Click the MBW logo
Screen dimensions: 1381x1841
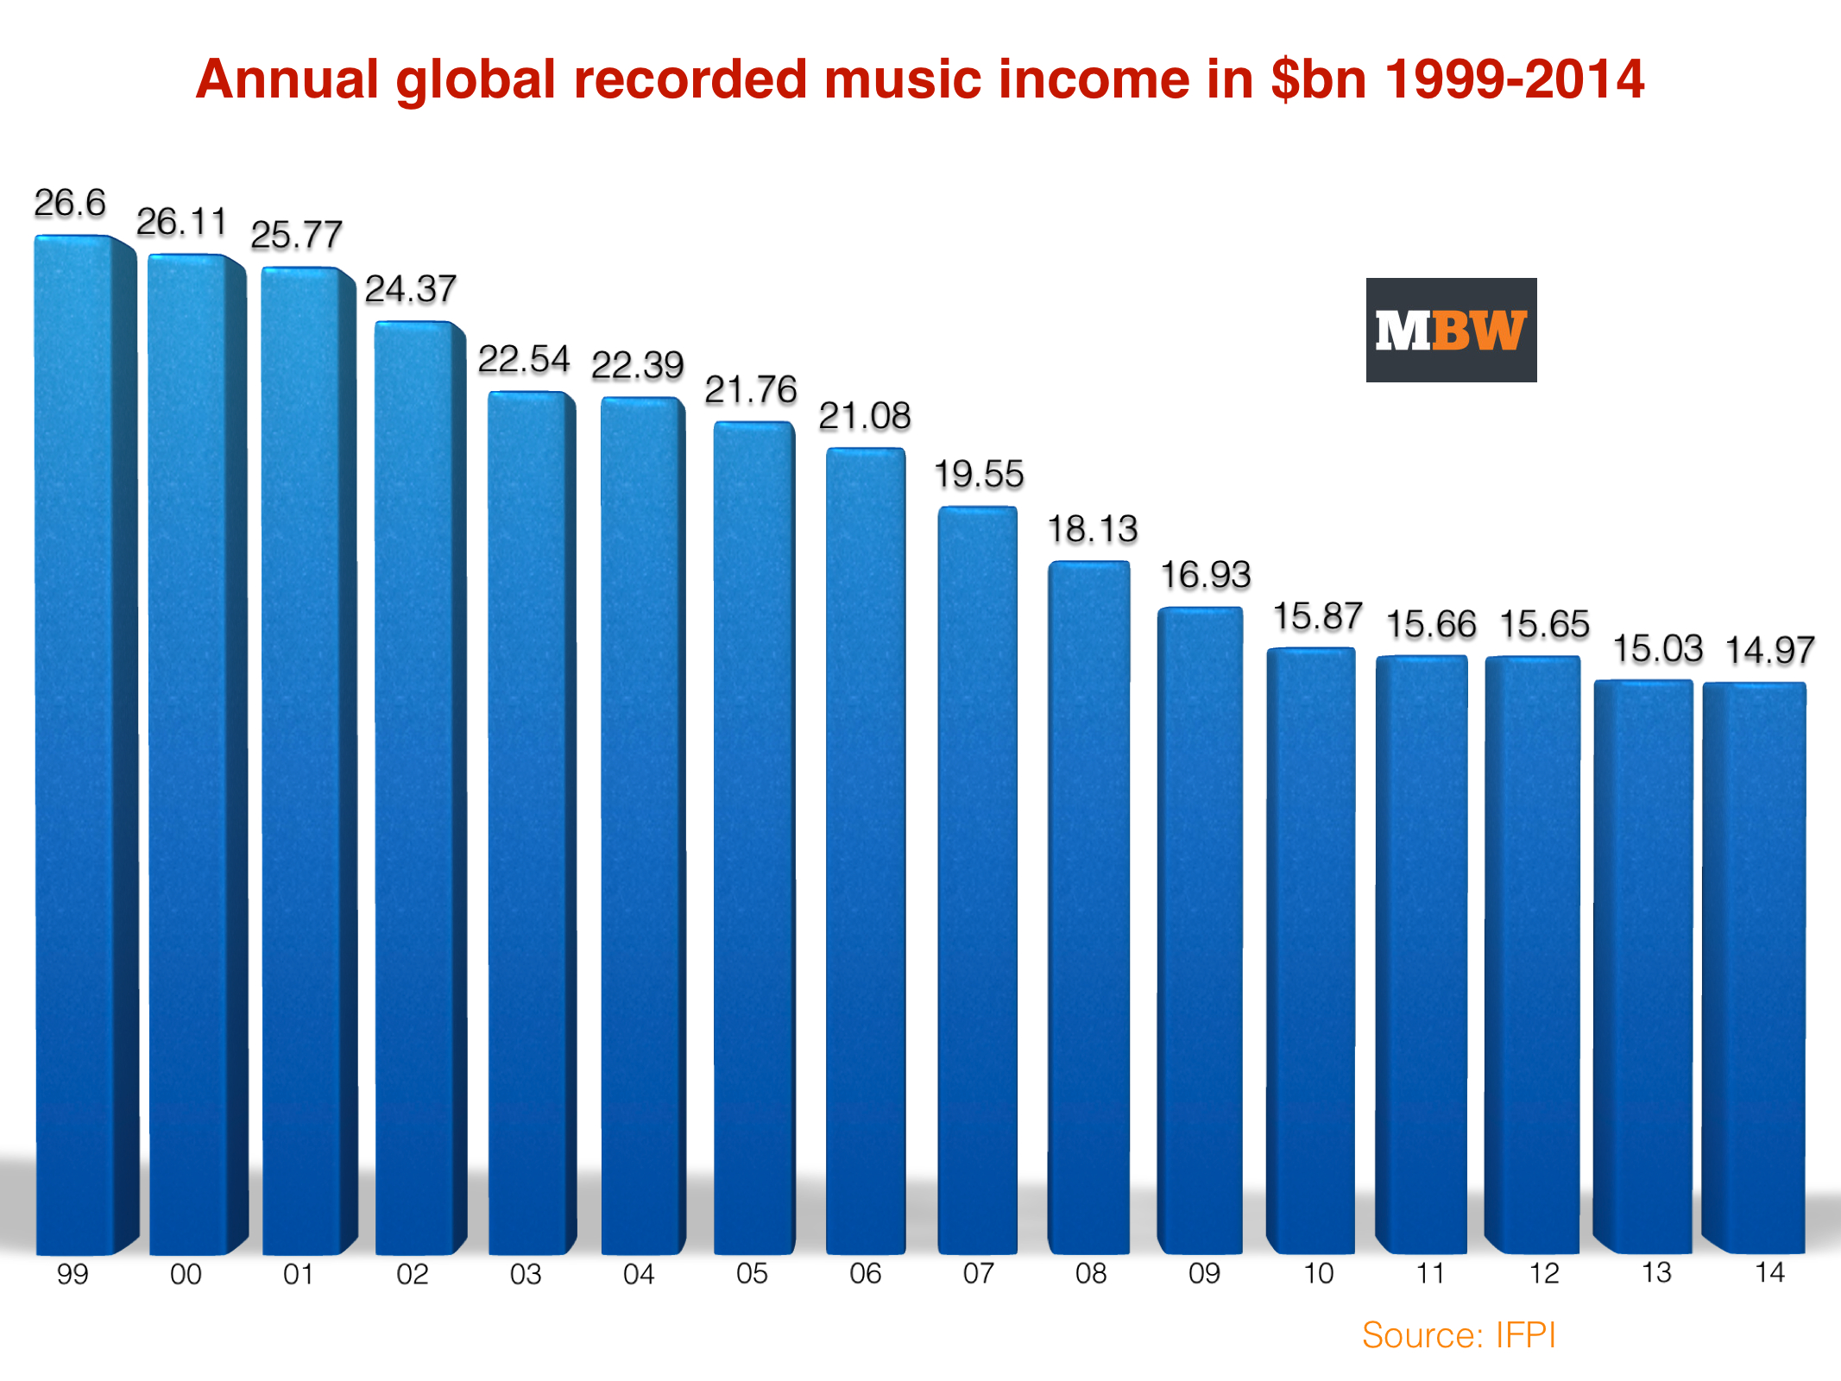[1451, 330]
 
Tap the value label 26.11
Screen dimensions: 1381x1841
[181, 222]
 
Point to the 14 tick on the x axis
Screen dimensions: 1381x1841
[1769, 1272]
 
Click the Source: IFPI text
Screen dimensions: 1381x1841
[1459, 1335]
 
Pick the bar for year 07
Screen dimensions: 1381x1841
[978, 880]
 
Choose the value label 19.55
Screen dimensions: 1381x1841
[979, 474]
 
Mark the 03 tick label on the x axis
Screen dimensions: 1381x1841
[526, 1274]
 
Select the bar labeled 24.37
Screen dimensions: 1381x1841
[414, 785]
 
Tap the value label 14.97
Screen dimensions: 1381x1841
[1769, 650]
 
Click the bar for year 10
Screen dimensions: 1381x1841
[1311, 949]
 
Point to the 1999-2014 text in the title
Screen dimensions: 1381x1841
[1514, 79]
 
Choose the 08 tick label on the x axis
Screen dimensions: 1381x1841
[1091, 1273]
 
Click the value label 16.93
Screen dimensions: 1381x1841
[1205, 575]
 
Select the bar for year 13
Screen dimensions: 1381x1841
[1642, 967]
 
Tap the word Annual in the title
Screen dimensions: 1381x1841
[287, 79]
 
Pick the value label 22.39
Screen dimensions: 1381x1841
[637, 365]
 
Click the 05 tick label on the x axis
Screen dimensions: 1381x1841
[752, 1273]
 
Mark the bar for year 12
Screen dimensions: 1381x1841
[1533, 954]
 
